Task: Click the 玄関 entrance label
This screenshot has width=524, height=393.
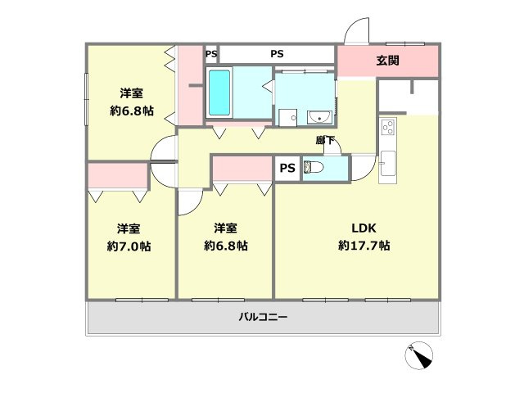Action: coord(387,61)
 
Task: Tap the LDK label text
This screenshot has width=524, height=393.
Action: coord(364,228)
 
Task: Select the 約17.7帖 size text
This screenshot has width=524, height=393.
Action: coord(364,246)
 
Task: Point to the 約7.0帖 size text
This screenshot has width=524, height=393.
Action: coord(127,246)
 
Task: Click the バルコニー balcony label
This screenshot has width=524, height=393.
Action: coord(263,317)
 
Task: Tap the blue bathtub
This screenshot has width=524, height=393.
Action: coord(219,93)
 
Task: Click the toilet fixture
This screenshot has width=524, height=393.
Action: coord(315,168)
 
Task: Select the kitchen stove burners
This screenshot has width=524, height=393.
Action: coord(388,128)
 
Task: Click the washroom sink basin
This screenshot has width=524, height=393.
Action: coord(318,116)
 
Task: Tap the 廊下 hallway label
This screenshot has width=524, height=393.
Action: coord(325,140)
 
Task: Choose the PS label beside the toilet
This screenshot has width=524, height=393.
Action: coord(287,169)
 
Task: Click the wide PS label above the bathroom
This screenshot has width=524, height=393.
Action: coord(278,54)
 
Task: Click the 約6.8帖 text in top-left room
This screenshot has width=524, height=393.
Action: coord(127,111)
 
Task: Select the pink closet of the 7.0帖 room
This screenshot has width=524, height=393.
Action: coord(118,175)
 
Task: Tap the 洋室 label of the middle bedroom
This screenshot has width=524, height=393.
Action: coord(226,228)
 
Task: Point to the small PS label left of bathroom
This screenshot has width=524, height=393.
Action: coord(211,54)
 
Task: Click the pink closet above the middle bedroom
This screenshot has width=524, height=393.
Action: coord(242,169)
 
